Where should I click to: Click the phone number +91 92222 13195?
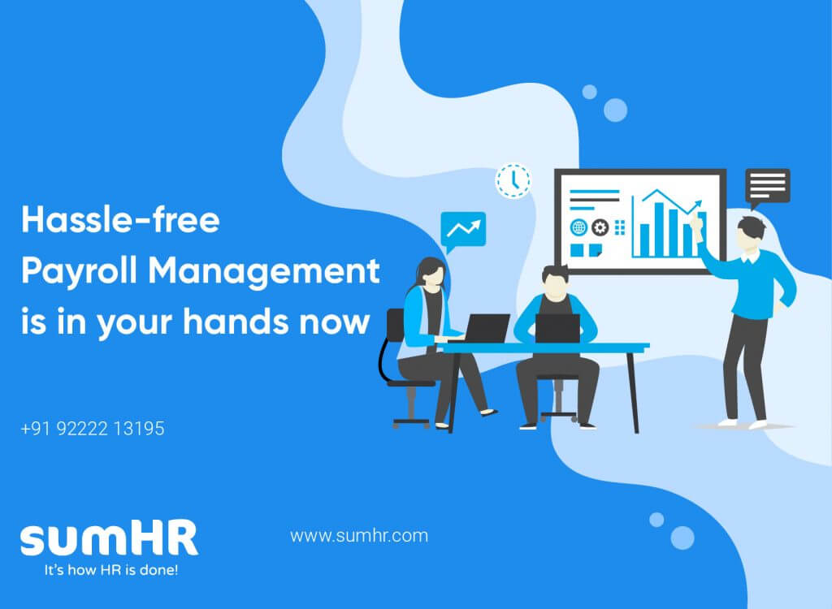(93, 429)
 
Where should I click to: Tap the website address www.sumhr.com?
(359, 536)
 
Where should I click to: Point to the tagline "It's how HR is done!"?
(110, 570)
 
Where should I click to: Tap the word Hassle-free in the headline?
(120, 219)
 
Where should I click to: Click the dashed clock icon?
(513, 181)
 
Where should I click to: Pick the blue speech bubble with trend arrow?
(462, 231)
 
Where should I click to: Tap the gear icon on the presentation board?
(600, 227)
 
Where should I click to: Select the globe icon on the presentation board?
(578, 227)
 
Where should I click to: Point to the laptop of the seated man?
(557, 329)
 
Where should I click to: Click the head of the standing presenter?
(752, 234)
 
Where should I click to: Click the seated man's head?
(555, 282)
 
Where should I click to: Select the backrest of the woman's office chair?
(396, 325)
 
